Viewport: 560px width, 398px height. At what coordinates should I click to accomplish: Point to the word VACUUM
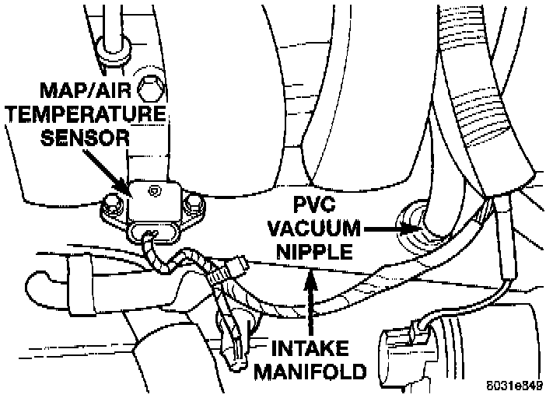coord(315,229)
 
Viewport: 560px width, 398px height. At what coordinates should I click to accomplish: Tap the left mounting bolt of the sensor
coord(114,207)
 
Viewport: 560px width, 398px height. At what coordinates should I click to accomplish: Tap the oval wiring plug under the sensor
coord(152,232)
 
